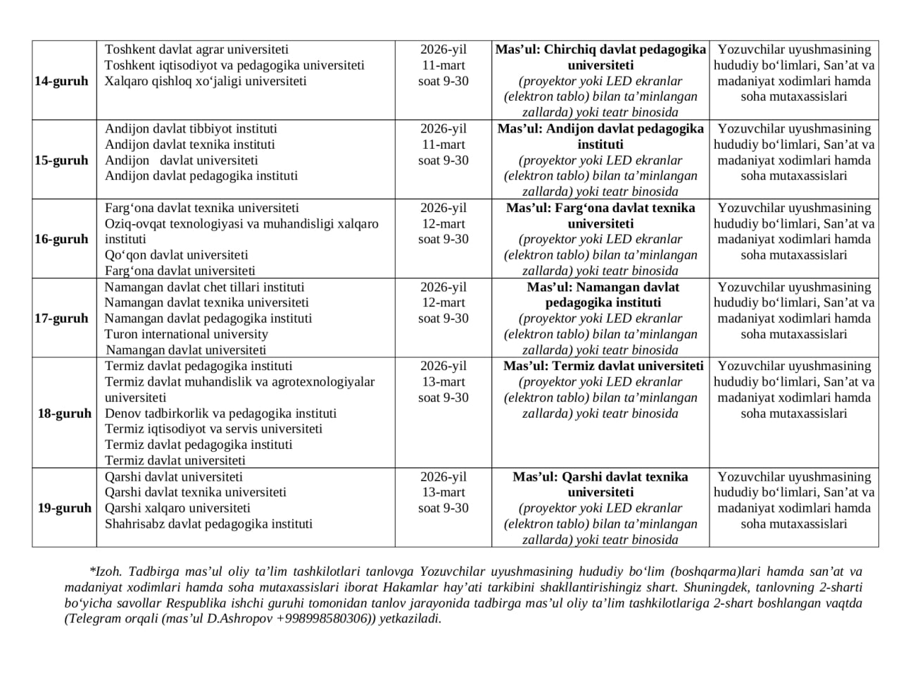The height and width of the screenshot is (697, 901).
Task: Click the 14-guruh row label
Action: pyautogui.click(x=61, y=81)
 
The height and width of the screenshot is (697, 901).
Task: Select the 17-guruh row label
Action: pyautogui.click(x=61, y=319)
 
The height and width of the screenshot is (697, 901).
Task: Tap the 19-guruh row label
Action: pyautogui.click(x=64, y=508)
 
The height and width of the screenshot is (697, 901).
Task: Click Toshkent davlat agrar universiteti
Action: pyautogui.click(x=196, y=49)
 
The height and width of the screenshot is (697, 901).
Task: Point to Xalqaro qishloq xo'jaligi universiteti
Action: pyautogui.click(x=206, y=81)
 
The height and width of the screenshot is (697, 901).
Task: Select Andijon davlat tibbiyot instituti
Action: pyautogui.click(x=191, y=129)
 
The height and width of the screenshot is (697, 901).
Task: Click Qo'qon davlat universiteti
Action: pyautogui.click(x=176, y=255)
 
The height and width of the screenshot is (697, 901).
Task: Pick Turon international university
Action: pyautogui.click(x=187, y=334)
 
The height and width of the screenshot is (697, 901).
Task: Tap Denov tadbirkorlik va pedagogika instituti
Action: pyautogui.click(x=220, y=413)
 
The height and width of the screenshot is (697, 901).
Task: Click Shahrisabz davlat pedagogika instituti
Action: pyautogui.click(x=208, y=524)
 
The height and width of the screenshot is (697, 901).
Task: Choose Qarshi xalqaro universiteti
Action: pyautogui.click(x=177, y=508)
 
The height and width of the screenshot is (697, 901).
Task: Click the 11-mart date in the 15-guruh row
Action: pyautogui.click(x=443, y=144)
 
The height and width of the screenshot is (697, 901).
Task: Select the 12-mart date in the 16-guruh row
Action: pyautogui.click(x=443, y=223)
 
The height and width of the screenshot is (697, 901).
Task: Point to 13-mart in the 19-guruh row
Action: pyautogui.click(x=443, y=492)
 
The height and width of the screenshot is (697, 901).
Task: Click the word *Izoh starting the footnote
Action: pyautogui.click(x=106, y=572)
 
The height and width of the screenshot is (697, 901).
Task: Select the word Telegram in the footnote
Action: pyautogui.click(x=94, y=619)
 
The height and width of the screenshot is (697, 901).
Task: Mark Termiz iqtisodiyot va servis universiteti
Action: pyautogui.click(x=213, y=428)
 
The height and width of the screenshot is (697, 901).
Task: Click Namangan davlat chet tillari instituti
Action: pyautogui.click(x=204, y=287)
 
